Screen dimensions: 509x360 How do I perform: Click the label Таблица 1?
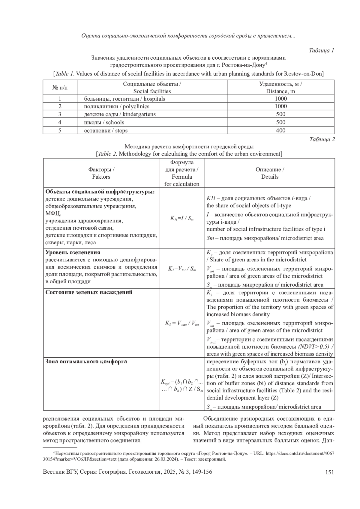click(x=321, y=50)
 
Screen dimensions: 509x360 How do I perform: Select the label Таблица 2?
click(x=322, y=139)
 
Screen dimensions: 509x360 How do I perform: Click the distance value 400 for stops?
click(x=280, y=130)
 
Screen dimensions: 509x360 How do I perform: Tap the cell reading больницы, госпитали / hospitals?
click(x=124, y=99)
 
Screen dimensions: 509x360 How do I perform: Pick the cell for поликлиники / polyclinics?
click(x=116, y=106)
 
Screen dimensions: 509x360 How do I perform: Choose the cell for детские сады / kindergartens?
click(x=120, y=114)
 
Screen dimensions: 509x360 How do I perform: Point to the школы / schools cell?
click(x=104, y=122)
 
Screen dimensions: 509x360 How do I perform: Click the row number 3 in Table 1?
click(x=60, y=114)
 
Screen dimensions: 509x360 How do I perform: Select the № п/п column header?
click(x=60, y=88)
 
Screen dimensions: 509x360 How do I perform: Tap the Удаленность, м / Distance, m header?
click(x=280, y=88)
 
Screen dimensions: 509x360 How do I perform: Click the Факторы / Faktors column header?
click(x=101, y=173)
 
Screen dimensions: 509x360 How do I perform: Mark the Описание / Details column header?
click(x=270, y=173)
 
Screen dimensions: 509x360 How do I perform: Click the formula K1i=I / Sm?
click(x=181, y=218)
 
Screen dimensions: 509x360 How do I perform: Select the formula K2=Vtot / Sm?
click(x=181, y=269)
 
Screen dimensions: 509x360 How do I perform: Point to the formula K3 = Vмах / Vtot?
click(x=181, y=323)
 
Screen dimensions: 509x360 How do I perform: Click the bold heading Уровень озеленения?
click(x=73, y=252)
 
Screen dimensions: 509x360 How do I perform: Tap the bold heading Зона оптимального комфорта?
click(x=86, y=362)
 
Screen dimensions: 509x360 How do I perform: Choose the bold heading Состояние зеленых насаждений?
click(x=89, y=292)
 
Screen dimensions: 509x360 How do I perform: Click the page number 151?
click(x=329, y=472)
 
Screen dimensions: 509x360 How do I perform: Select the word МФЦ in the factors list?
click(x=53, y=213)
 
